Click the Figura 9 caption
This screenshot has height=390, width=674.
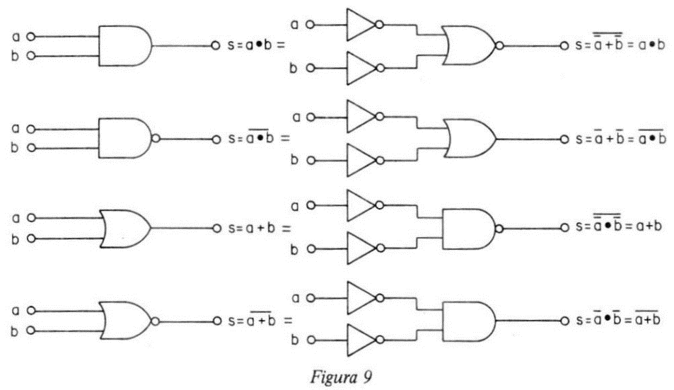point(341,377)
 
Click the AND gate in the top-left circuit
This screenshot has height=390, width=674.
point(125,45)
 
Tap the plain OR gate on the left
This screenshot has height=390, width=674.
point(125,229)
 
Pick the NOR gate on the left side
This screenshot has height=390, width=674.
point(129,321)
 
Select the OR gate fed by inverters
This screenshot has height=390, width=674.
point(472,139)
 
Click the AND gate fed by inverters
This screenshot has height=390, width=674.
point(468,321)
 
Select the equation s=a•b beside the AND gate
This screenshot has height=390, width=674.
point(256,45)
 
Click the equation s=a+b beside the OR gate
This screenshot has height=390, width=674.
point(259,229)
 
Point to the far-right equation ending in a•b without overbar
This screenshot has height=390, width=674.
point(620,43)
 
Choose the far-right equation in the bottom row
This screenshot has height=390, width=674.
point(617,319)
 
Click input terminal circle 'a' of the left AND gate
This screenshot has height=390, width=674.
point(30,37)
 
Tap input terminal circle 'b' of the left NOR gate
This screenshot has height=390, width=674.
point(31,331)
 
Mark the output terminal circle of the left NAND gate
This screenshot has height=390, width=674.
point(216,139)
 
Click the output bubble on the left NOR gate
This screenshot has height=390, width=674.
point(155,321)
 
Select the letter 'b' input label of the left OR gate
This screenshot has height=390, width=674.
point(16,239)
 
